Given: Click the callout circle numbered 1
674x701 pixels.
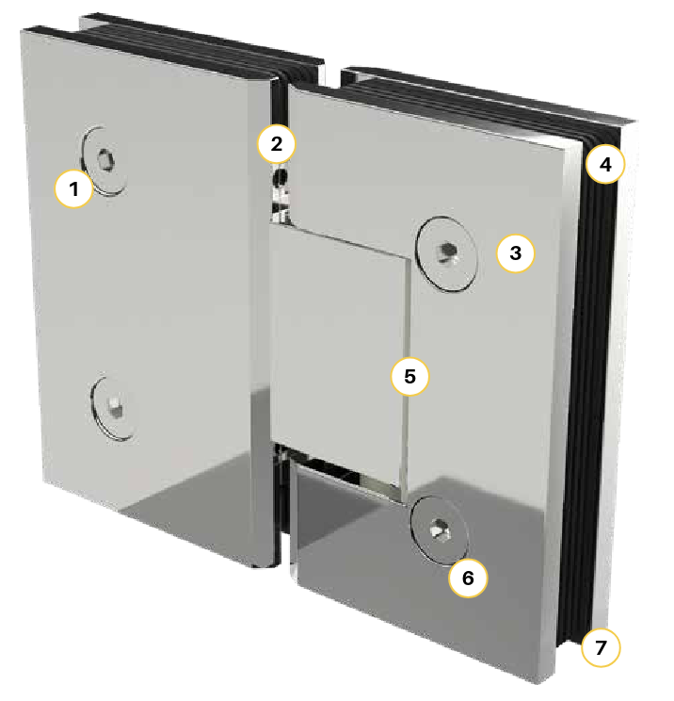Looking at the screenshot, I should pyautogui.click(x=74, y=188).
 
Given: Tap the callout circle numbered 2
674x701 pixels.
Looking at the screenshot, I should pyautogui.click(x=276, y=144).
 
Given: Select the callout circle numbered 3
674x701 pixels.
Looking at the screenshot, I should pyautogui.click(x=515, y=253).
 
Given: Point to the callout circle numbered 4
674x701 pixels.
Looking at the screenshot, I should pyautogui.click(x=605, y=166).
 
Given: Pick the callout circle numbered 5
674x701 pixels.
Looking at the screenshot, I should pyautogui.click(x=409, y=376).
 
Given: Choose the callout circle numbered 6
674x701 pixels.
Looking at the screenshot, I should pyautogui.click(x=468, y=578).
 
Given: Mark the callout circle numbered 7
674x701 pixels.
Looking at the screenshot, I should pyautogui.click(x=601, y=647).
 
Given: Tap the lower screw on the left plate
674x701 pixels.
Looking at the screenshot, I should pyautogui.click(x=113, y=407).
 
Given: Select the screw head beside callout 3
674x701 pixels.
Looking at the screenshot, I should pyautogui.click(x=450, y=252).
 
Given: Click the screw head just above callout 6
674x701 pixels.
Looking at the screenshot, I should pyautogui.click(x=439, y=530).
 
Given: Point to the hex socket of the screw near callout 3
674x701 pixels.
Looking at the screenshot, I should pyautogui.click(x=450, y=252).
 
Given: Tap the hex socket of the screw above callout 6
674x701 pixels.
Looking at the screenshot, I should pyautogui.click(x=439, y=531).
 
